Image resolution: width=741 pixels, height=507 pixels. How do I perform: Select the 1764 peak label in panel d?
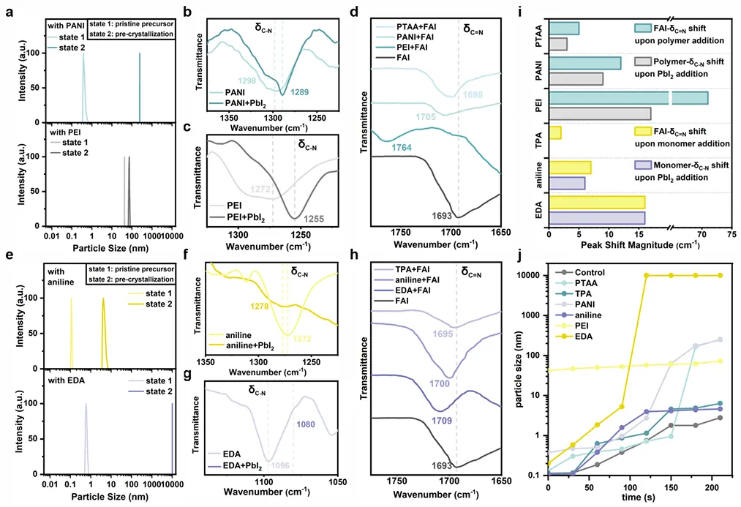(x=403, y=148)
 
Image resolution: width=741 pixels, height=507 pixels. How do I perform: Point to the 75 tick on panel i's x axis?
(x=731, y=234)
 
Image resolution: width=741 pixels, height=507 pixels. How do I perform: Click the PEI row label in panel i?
(x=538, y=105)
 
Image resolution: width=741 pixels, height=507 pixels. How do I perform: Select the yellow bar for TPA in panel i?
(x=555, y=132)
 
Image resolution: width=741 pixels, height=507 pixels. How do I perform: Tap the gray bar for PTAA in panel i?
(x=557, y=44)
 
